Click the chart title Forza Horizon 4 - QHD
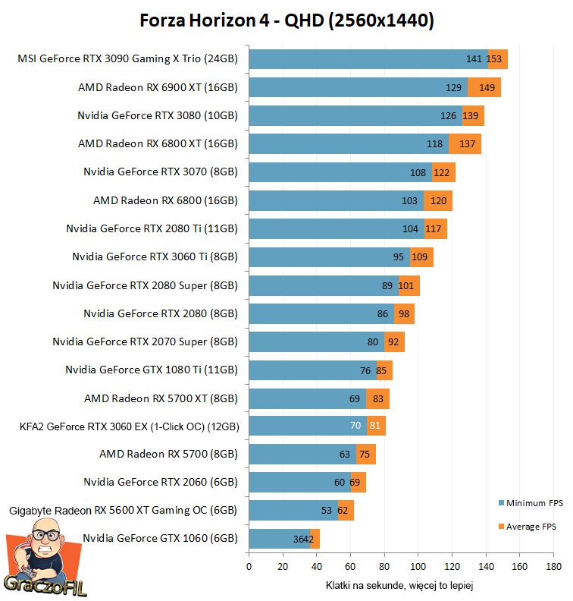point(286,20)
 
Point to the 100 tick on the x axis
point(418,566)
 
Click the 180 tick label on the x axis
point(553,566)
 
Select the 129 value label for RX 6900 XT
point(454,87)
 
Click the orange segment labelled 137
point(465,143)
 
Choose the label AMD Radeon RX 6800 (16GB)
point(165,200)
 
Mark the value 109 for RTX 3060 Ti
point(421,256)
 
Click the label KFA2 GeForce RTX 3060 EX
point(129,426)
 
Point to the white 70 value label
point(355,426)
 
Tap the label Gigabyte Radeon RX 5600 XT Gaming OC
point(123,511)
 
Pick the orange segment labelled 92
point(393,341)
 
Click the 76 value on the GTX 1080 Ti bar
point(365,370)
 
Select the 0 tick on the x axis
point(249,566)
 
